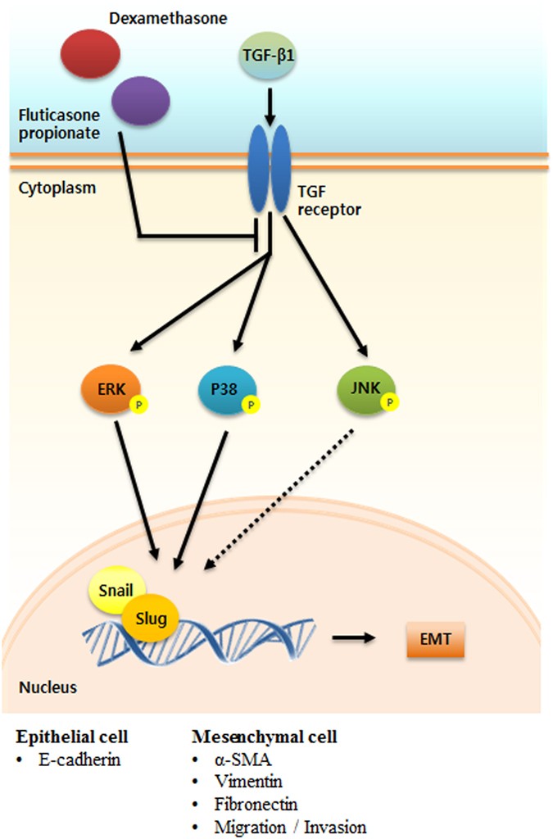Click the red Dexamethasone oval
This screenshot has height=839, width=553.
[91, 52]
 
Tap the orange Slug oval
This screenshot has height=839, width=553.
[152, 617]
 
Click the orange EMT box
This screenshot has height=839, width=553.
[435, 638]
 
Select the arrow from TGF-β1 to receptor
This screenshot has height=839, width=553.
[269, 106]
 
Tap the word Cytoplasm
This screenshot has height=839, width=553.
[57, 188]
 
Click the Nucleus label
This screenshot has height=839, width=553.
[48, 687]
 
